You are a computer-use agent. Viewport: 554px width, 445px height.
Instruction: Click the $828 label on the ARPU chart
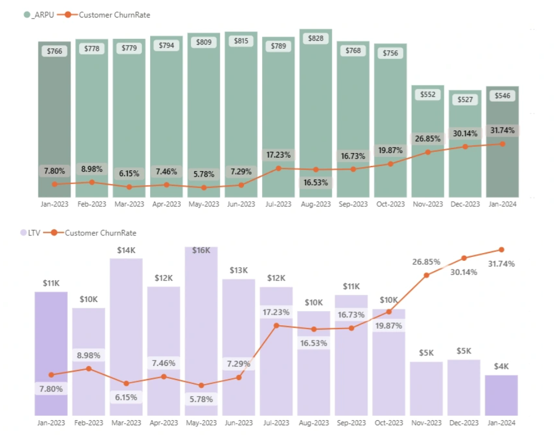pos(316,38)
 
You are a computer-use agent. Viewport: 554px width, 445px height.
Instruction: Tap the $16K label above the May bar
pos(201,250)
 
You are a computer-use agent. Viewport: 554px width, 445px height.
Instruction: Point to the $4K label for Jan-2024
pos(501,366)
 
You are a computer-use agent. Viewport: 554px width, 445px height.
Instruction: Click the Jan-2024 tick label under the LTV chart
pos(501,422)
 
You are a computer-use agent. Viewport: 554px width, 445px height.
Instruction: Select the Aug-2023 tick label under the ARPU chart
pos(316,204)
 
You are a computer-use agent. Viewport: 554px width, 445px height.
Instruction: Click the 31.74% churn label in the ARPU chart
pos(503,130)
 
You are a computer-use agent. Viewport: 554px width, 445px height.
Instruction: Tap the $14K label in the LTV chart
pos(126,250)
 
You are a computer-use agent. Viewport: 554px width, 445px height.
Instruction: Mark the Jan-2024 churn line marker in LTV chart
pos(501,250)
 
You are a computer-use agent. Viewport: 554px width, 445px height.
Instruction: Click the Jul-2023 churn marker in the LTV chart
pos(276,325)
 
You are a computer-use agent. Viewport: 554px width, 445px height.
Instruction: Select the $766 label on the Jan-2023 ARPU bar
pos(54,51)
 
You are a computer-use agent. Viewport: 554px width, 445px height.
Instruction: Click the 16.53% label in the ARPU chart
pos(316,182)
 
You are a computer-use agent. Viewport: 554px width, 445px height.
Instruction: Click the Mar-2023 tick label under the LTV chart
pos(126,422)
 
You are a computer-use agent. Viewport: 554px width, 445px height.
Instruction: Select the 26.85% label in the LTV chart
pos(427,262)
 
